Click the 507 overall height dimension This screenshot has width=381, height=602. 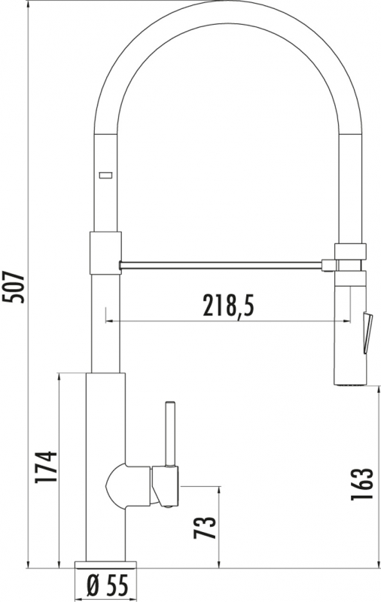click(x=14, y=287)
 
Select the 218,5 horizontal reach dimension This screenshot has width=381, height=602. click(x=228, y=306)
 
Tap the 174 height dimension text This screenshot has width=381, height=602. click(x=46, y=467)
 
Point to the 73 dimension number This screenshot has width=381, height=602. click(x=205, y=528)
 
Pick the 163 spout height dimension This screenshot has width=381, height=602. click(x=361, y=484)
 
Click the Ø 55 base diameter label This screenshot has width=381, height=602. click(x=107, y=586)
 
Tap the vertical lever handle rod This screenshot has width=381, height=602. click(x=170, y=434)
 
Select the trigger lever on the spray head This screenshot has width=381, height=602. click(x=367, y=333)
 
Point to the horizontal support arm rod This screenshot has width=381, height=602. click(x=221, y=266)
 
